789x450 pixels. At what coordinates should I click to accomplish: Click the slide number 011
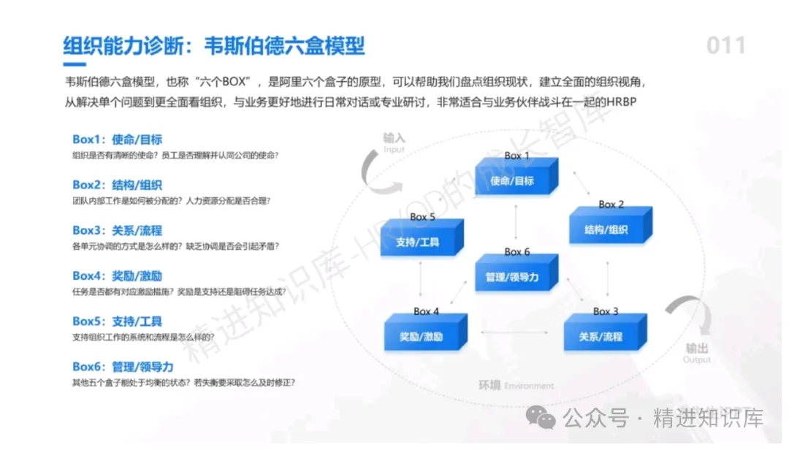[725, 46]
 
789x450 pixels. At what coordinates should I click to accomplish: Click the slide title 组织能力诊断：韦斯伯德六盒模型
[213, 46]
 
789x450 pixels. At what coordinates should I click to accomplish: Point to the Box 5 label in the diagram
[422, 217]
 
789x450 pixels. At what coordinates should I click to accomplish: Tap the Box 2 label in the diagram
[611, 205]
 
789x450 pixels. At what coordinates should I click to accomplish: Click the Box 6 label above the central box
[517, 252]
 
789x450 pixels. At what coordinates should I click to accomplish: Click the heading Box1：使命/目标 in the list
[117, 140]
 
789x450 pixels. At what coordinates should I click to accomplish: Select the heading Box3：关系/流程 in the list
[117, 231]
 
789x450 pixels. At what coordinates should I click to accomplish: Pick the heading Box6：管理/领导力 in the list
[123, 367]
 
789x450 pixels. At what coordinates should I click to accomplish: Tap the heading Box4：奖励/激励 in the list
[117, 276]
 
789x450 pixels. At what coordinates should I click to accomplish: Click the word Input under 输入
[394, 150]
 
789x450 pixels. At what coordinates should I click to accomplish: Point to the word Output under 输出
[696, 360]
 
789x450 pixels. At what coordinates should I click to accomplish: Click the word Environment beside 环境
[529, 386]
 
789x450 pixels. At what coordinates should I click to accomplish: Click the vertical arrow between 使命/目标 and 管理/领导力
[516, 221]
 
